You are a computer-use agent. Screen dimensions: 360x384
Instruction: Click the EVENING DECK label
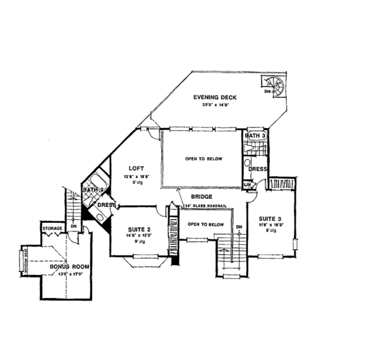click(x=215, y=97)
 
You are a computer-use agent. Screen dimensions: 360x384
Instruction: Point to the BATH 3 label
click(x=257, y=136)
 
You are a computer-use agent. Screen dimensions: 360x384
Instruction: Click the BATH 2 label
click(x=92, y=190)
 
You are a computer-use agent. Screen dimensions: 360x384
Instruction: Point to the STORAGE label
click(x=52, y=228)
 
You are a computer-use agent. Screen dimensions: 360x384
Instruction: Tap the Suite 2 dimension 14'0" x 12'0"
click(x=140, y=236)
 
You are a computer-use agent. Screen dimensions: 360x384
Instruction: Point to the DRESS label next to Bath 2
click(x=106, y=205)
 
